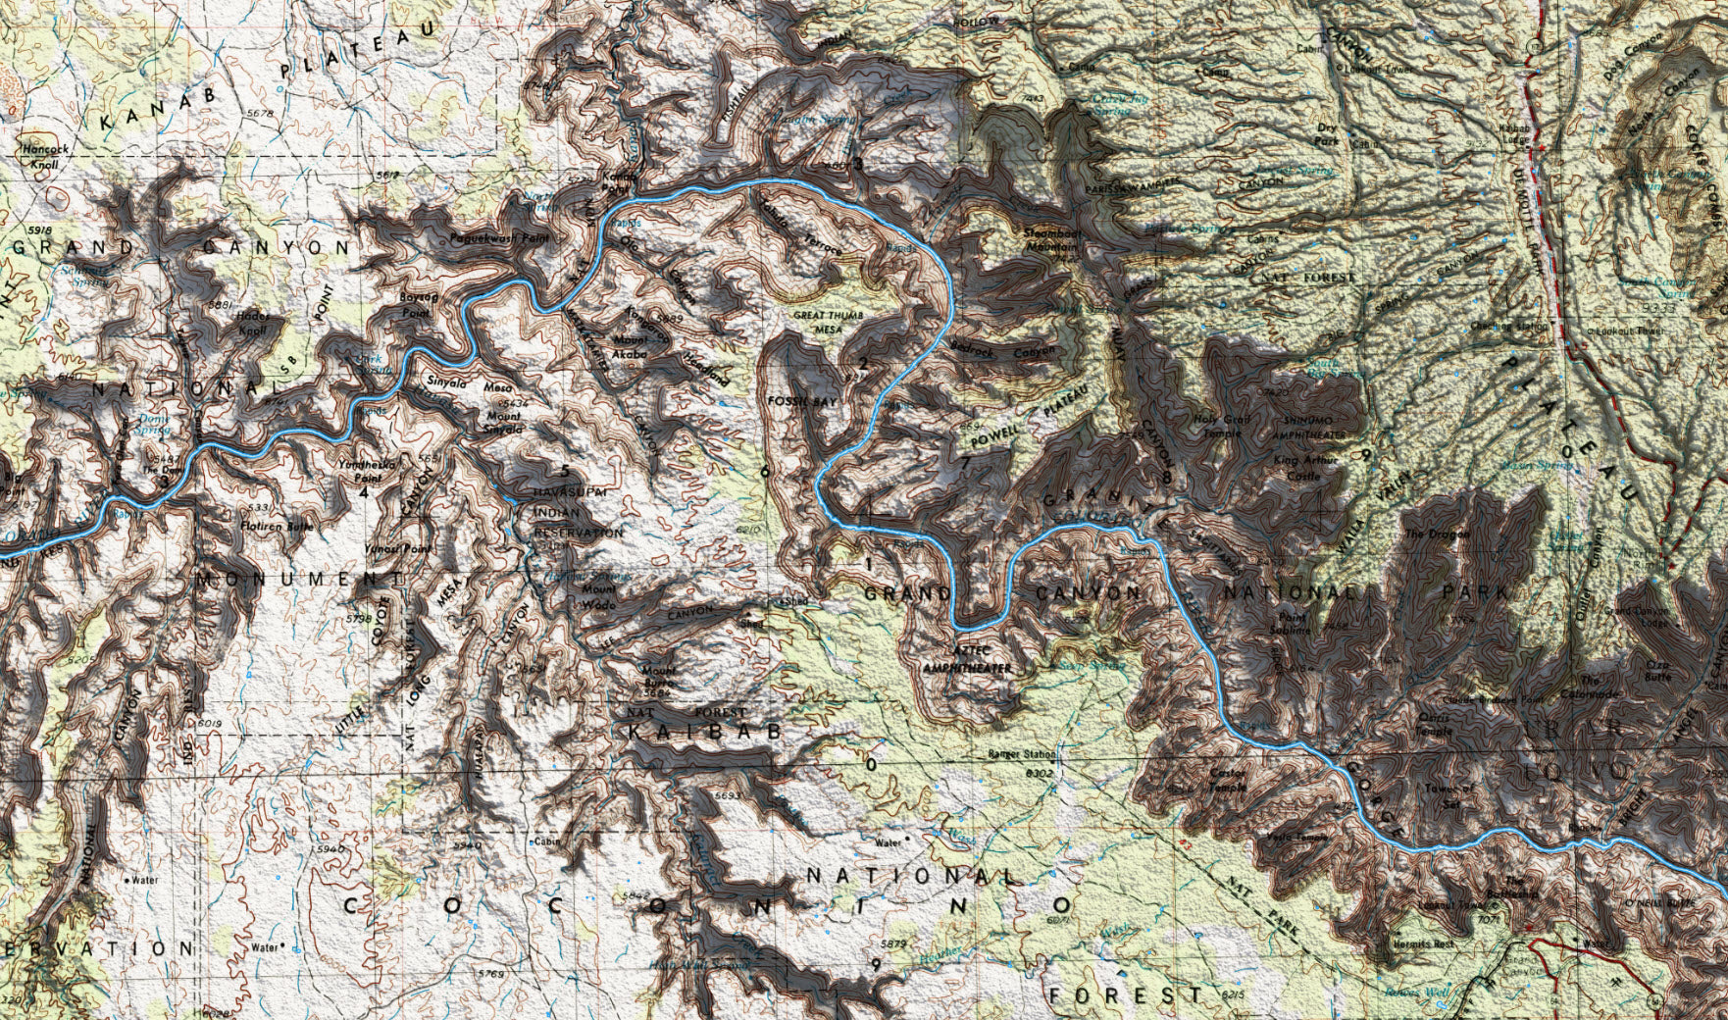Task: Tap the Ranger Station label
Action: (1022, 755)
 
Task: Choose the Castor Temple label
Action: (1228, 780)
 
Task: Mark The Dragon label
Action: (1424, 535)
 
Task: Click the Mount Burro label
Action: (656, 678)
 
